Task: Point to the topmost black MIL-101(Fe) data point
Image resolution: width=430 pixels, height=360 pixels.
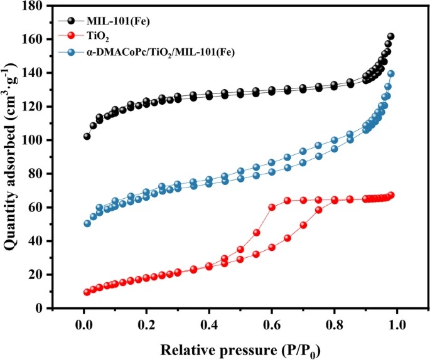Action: coord(390,37)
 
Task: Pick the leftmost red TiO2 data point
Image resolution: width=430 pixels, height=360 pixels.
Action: coord(87,292)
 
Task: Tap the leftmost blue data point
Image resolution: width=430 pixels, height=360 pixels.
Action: coord(87,223)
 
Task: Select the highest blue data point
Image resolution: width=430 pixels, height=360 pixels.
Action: coord(390,74)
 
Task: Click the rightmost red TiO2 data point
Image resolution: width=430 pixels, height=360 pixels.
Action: coord(390,195)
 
